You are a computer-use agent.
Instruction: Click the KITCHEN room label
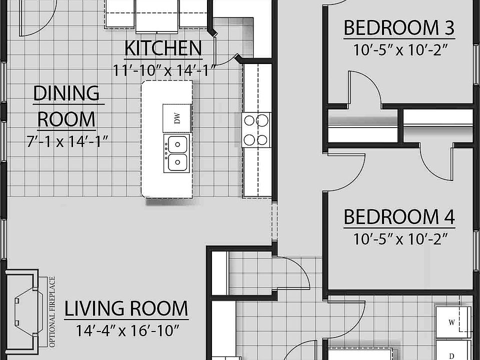tap(162, 48)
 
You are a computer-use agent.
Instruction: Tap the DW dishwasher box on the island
tap(177, 118)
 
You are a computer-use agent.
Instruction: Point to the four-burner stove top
tap(256, 129)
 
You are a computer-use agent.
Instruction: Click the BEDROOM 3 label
tap(399, 28)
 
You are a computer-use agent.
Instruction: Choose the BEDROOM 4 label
tap(399, 217)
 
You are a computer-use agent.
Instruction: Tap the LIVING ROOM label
tap(126, 309)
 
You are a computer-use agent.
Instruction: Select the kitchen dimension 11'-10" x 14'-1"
tap(163, 69)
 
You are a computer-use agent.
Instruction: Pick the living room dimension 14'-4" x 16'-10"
tap(127, 330)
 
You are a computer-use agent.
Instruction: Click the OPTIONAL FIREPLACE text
tap(52, 312)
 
